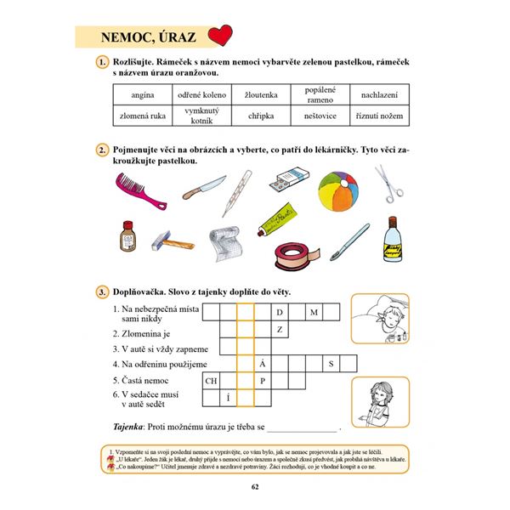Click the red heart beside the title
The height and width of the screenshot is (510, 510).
coord(219,37)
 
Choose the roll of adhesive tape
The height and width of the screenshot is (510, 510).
coord(290,252)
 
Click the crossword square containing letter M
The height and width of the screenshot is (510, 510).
coord(314,312)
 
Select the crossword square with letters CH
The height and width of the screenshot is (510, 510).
coord(210,380)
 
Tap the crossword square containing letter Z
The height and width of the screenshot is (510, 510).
coord(280,329)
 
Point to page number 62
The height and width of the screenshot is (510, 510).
coord(255,486)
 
